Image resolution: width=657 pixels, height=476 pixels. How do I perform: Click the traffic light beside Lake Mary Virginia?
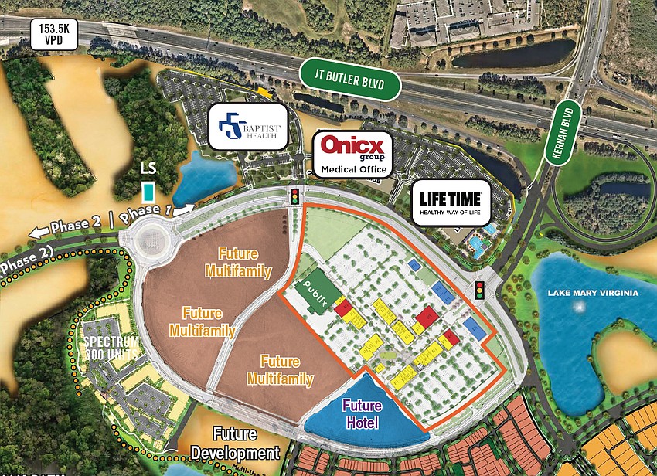[x=479, y=290]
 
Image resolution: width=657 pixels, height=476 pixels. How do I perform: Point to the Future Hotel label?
[x=362, y=414]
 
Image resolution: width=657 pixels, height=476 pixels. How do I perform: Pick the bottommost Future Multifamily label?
[x=280, y=370]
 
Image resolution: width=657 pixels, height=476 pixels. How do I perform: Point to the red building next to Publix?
[x=342, y=308]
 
